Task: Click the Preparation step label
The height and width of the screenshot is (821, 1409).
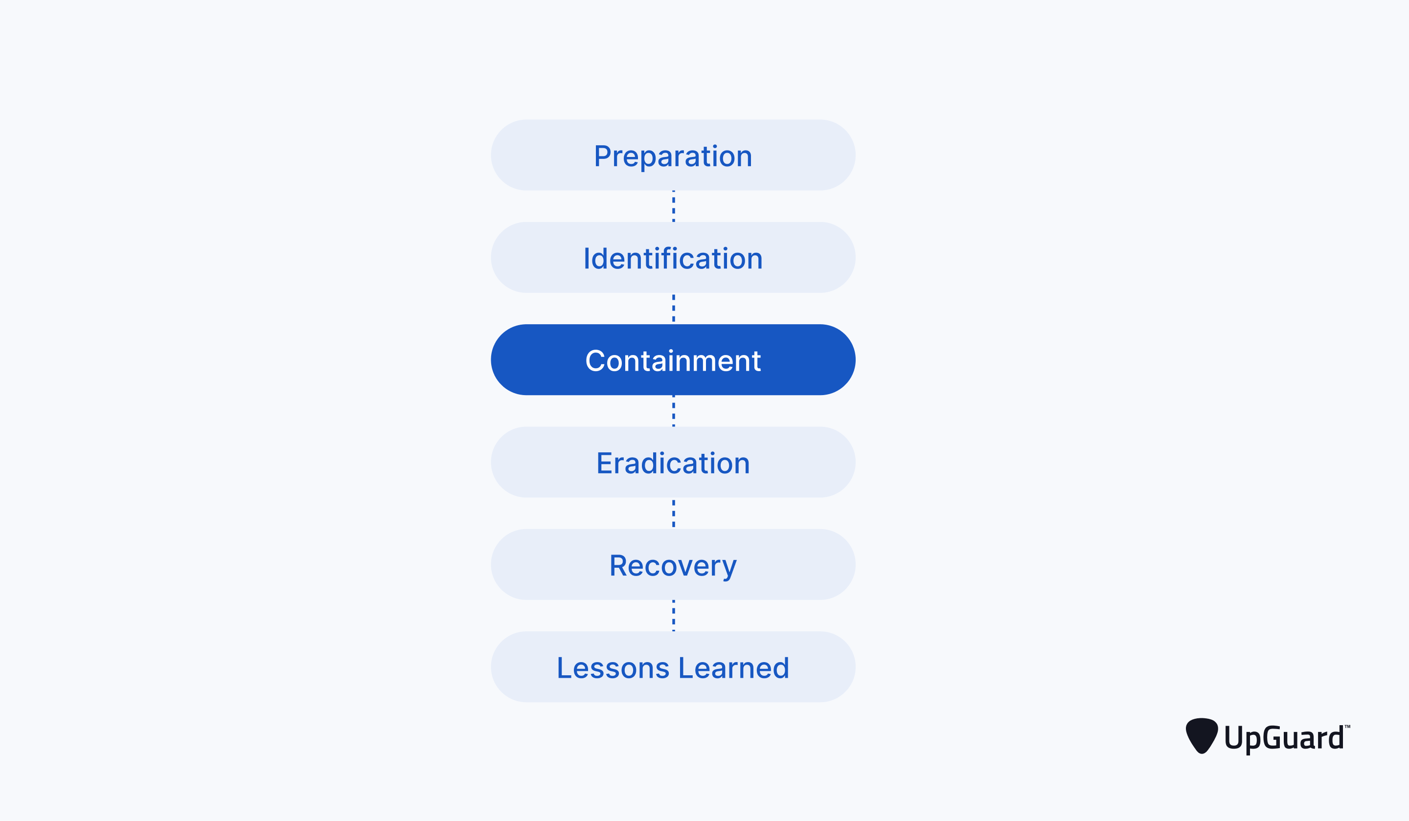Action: tap(673, 156)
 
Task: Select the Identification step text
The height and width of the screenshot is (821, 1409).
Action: tap(673, 259)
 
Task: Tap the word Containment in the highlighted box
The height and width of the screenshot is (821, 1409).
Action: tap(673, 361)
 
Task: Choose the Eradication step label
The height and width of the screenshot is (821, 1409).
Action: tap(673, 464)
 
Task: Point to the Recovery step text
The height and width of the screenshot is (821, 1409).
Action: tap(673, 566)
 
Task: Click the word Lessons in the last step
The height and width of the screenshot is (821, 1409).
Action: tap(613, 668)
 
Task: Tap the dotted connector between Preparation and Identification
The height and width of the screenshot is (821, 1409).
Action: tap(673, 206)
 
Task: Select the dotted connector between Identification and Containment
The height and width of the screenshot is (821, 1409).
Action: tap(673, 309)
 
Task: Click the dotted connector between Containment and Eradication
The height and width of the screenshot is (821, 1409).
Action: tap(673, 411)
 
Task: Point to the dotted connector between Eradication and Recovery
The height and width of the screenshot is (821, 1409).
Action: tap(673, 513)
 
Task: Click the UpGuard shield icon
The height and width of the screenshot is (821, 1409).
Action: tap(1202, 735)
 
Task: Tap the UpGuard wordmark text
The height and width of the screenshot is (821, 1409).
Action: tap(1284, 738)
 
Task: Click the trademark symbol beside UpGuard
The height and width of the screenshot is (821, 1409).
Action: tap(1347, 727)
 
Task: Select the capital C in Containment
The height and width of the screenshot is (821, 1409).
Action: tap(594, 361)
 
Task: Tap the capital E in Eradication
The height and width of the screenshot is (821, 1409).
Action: tap(604, 464)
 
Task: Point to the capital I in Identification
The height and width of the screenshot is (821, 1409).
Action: tap(587, 259)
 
